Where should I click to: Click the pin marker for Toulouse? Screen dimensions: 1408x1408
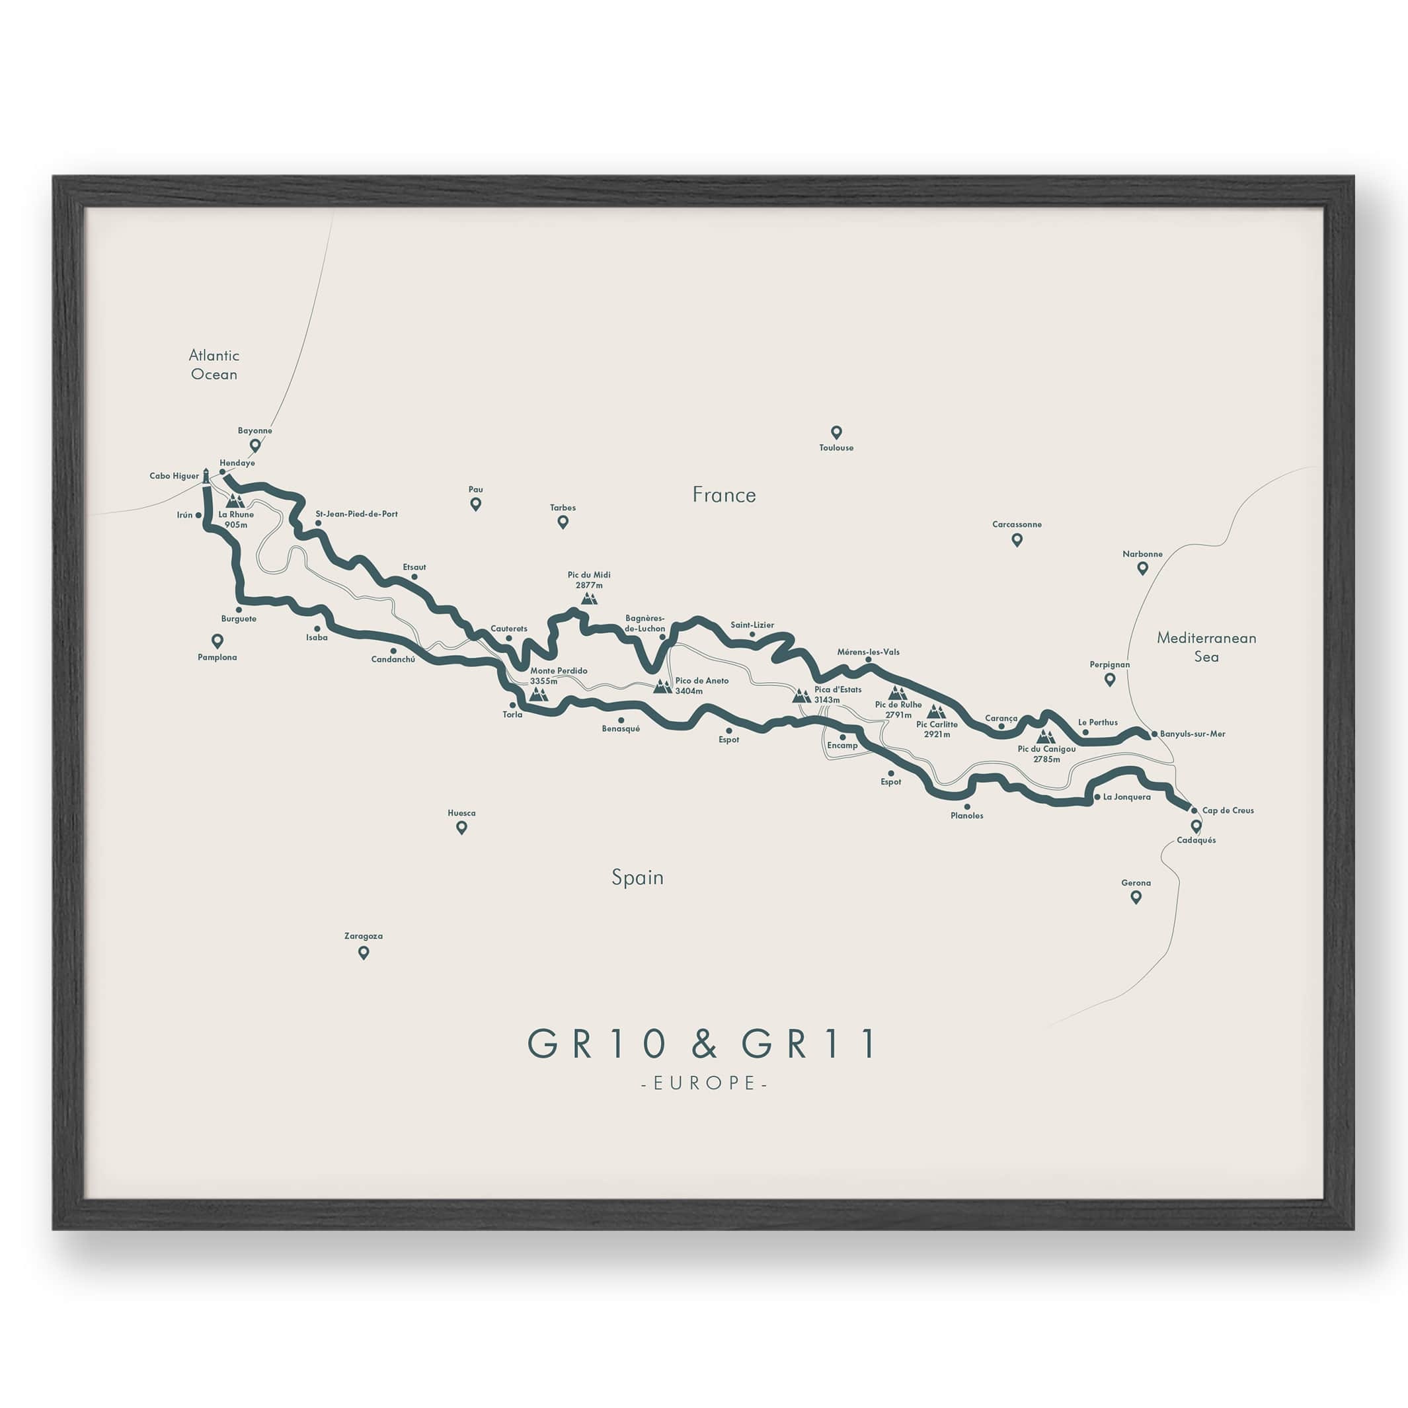(x=836, y=432)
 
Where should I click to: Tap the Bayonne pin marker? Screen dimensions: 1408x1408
(x=255, y=445)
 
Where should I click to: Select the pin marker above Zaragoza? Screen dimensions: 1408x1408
(x=364, y=953)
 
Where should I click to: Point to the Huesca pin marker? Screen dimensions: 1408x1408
(x=461, y=827)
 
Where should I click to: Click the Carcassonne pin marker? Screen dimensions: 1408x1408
(x=1017, y=539)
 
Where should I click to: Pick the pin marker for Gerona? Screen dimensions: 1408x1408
(x=1136, y=897)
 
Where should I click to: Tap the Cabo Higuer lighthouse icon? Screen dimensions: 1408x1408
(x=206, y=476)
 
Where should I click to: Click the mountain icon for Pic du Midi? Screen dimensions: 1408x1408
(x=589, y=598)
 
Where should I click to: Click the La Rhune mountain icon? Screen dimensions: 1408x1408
(x=235, y=500)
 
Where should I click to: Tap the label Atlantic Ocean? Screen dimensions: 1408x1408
(x=214, y=364)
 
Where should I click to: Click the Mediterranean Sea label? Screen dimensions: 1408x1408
(x=1206, y=646)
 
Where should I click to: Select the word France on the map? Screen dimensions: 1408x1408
(x=724, y=495)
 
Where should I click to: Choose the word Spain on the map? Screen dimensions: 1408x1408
(x=638, y=877)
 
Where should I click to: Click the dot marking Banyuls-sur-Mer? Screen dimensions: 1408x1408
(x=1154, y=734)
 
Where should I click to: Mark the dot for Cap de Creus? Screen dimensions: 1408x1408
(x=1194, y=810)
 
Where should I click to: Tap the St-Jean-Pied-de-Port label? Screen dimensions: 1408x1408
(x=356, y=514)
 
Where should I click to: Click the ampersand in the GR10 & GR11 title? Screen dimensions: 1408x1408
(x=703, y=1044)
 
